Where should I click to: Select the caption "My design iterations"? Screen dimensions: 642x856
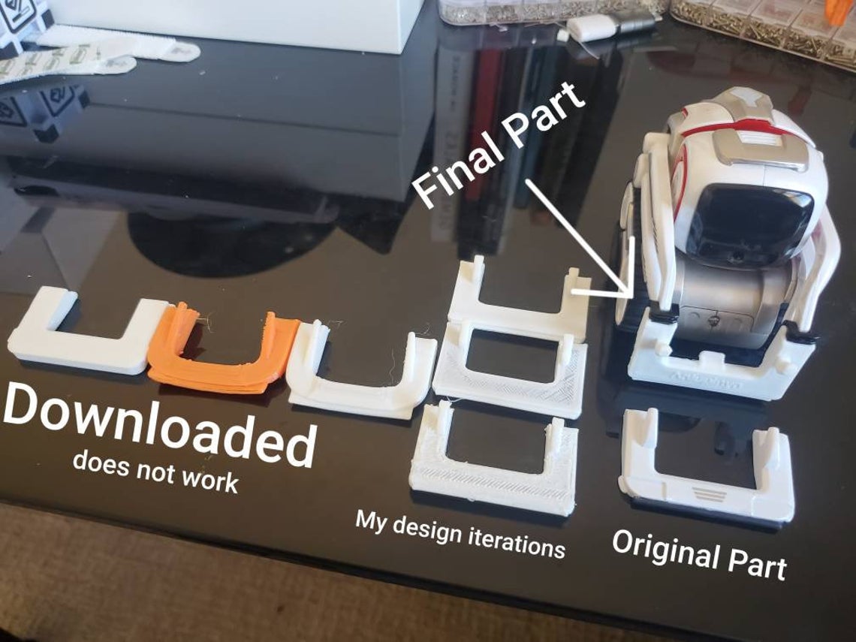pos(460,532)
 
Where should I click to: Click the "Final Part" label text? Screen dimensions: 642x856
pos(499,146)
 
